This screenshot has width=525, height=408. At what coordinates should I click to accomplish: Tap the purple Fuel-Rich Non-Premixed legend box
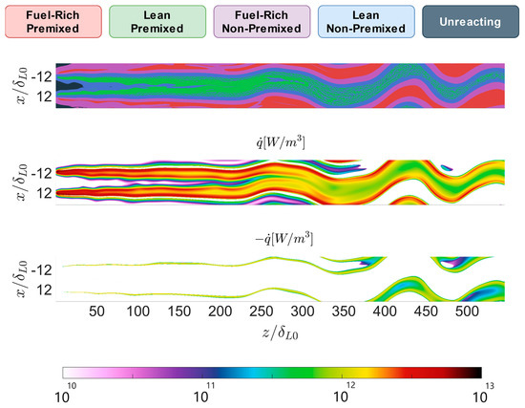[262, 21]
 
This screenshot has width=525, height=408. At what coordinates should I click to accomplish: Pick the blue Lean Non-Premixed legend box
[367, 21]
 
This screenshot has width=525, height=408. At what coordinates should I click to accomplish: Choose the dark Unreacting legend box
[472, 21]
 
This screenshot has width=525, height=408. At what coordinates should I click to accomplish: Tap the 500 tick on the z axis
[466, 311]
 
